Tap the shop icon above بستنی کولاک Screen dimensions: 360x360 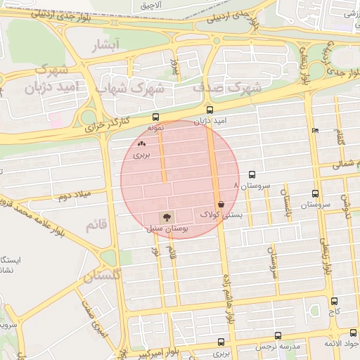(x=221, y=204)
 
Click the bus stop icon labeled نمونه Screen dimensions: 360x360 (x=155, y=117)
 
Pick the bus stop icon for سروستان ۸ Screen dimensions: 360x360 (x=252, y=174)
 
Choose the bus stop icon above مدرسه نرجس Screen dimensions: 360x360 (x=279, y=336)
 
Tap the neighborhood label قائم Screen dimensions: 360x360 (x=95, y=226)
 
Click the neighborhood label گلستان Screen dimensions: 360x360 (x=102, y=277)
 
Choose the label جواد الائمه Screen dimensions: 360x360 (x=340, y=343)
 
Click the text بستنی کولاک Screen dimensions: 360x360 (x=221, y=214)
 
